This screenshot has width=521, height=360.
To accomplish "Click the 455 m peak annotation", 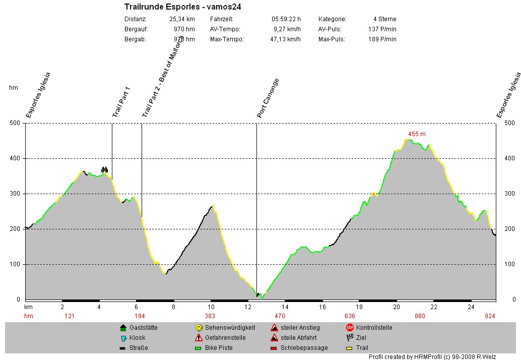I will (417, 134).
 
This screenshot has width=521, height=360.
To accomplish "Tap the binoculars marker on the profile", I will (104, 169).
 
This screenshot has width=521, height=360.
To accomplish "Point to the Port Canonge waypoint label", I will (268, 98).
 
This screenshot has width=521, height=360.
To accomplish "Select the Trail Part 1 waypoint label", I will (121, 102).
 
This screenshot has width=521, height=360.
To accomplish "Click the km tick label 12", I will (248, 307).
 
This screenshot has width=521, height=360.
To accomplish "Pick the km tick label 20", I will (397, 307).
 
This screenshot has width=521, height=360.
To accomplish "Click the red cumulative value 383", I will (210, 316).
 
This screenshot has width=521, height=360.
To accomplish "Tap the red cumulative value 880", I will (420, 316).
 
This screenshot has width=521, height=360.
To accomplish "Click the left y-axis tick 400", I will (15, 158).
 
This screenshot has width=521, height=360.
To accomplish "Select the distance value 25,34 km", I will (182, 19).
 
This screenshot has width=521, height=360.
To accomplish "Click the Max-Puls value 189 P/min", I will (382, 39).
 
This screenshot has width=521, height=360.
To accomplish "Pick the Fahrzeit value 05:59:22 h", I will (286, 19).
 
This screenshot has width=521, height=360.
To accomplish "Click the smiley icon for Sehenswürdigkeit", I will (199, 328).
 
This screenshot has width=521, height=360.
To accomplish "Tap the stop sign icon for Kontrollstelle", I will (350, 328).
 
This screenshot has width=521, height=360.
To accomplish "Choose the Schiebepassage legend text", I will (304, 348).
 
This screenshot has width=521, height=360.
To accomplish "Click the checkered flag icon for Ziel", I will (350, 338).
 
